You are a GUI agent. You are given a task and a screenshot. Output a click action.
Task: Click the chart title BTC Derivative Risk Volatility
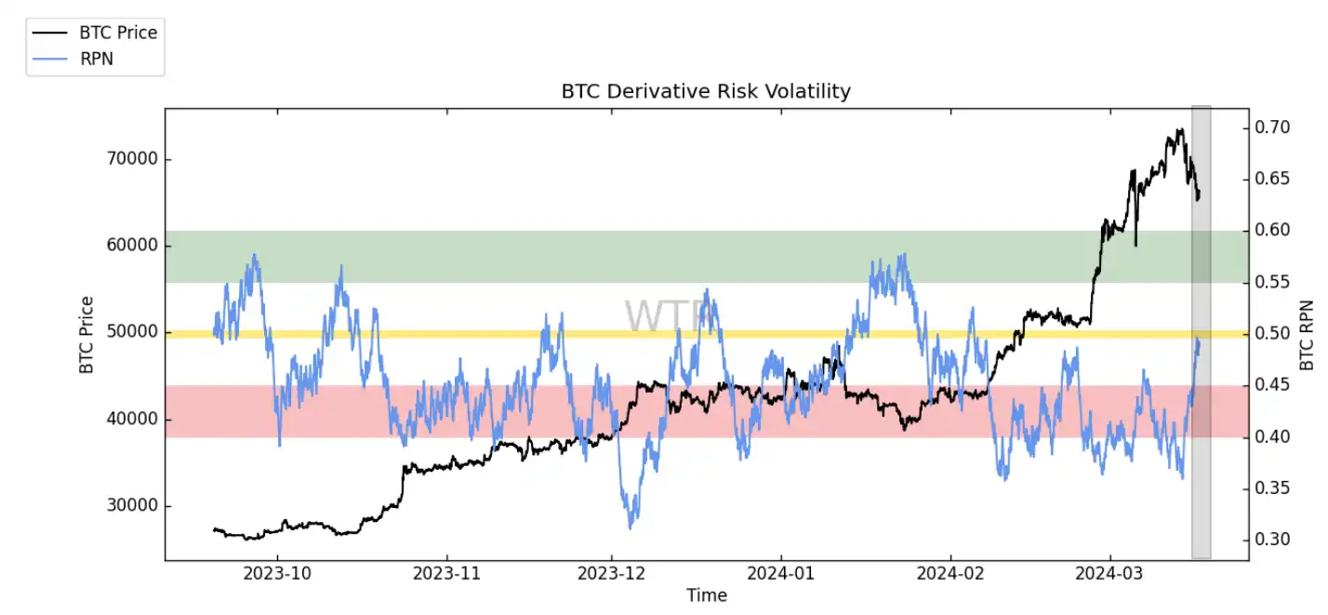[706, 91]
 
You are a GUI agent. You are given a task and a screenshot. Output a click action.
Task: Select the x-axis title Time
[706, 595]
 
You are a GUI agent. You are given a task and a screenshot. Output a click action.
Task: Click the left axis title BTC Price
[86, 335]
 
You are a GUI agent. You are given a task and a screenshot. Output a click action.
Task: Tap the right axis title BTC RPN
[1308, 335]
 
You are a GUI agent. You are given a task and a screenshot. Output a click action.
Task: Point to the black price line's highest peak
[1180, 129]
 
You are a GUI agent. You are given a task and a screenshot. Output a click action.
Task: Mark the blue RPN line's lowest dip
[631, 528]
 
